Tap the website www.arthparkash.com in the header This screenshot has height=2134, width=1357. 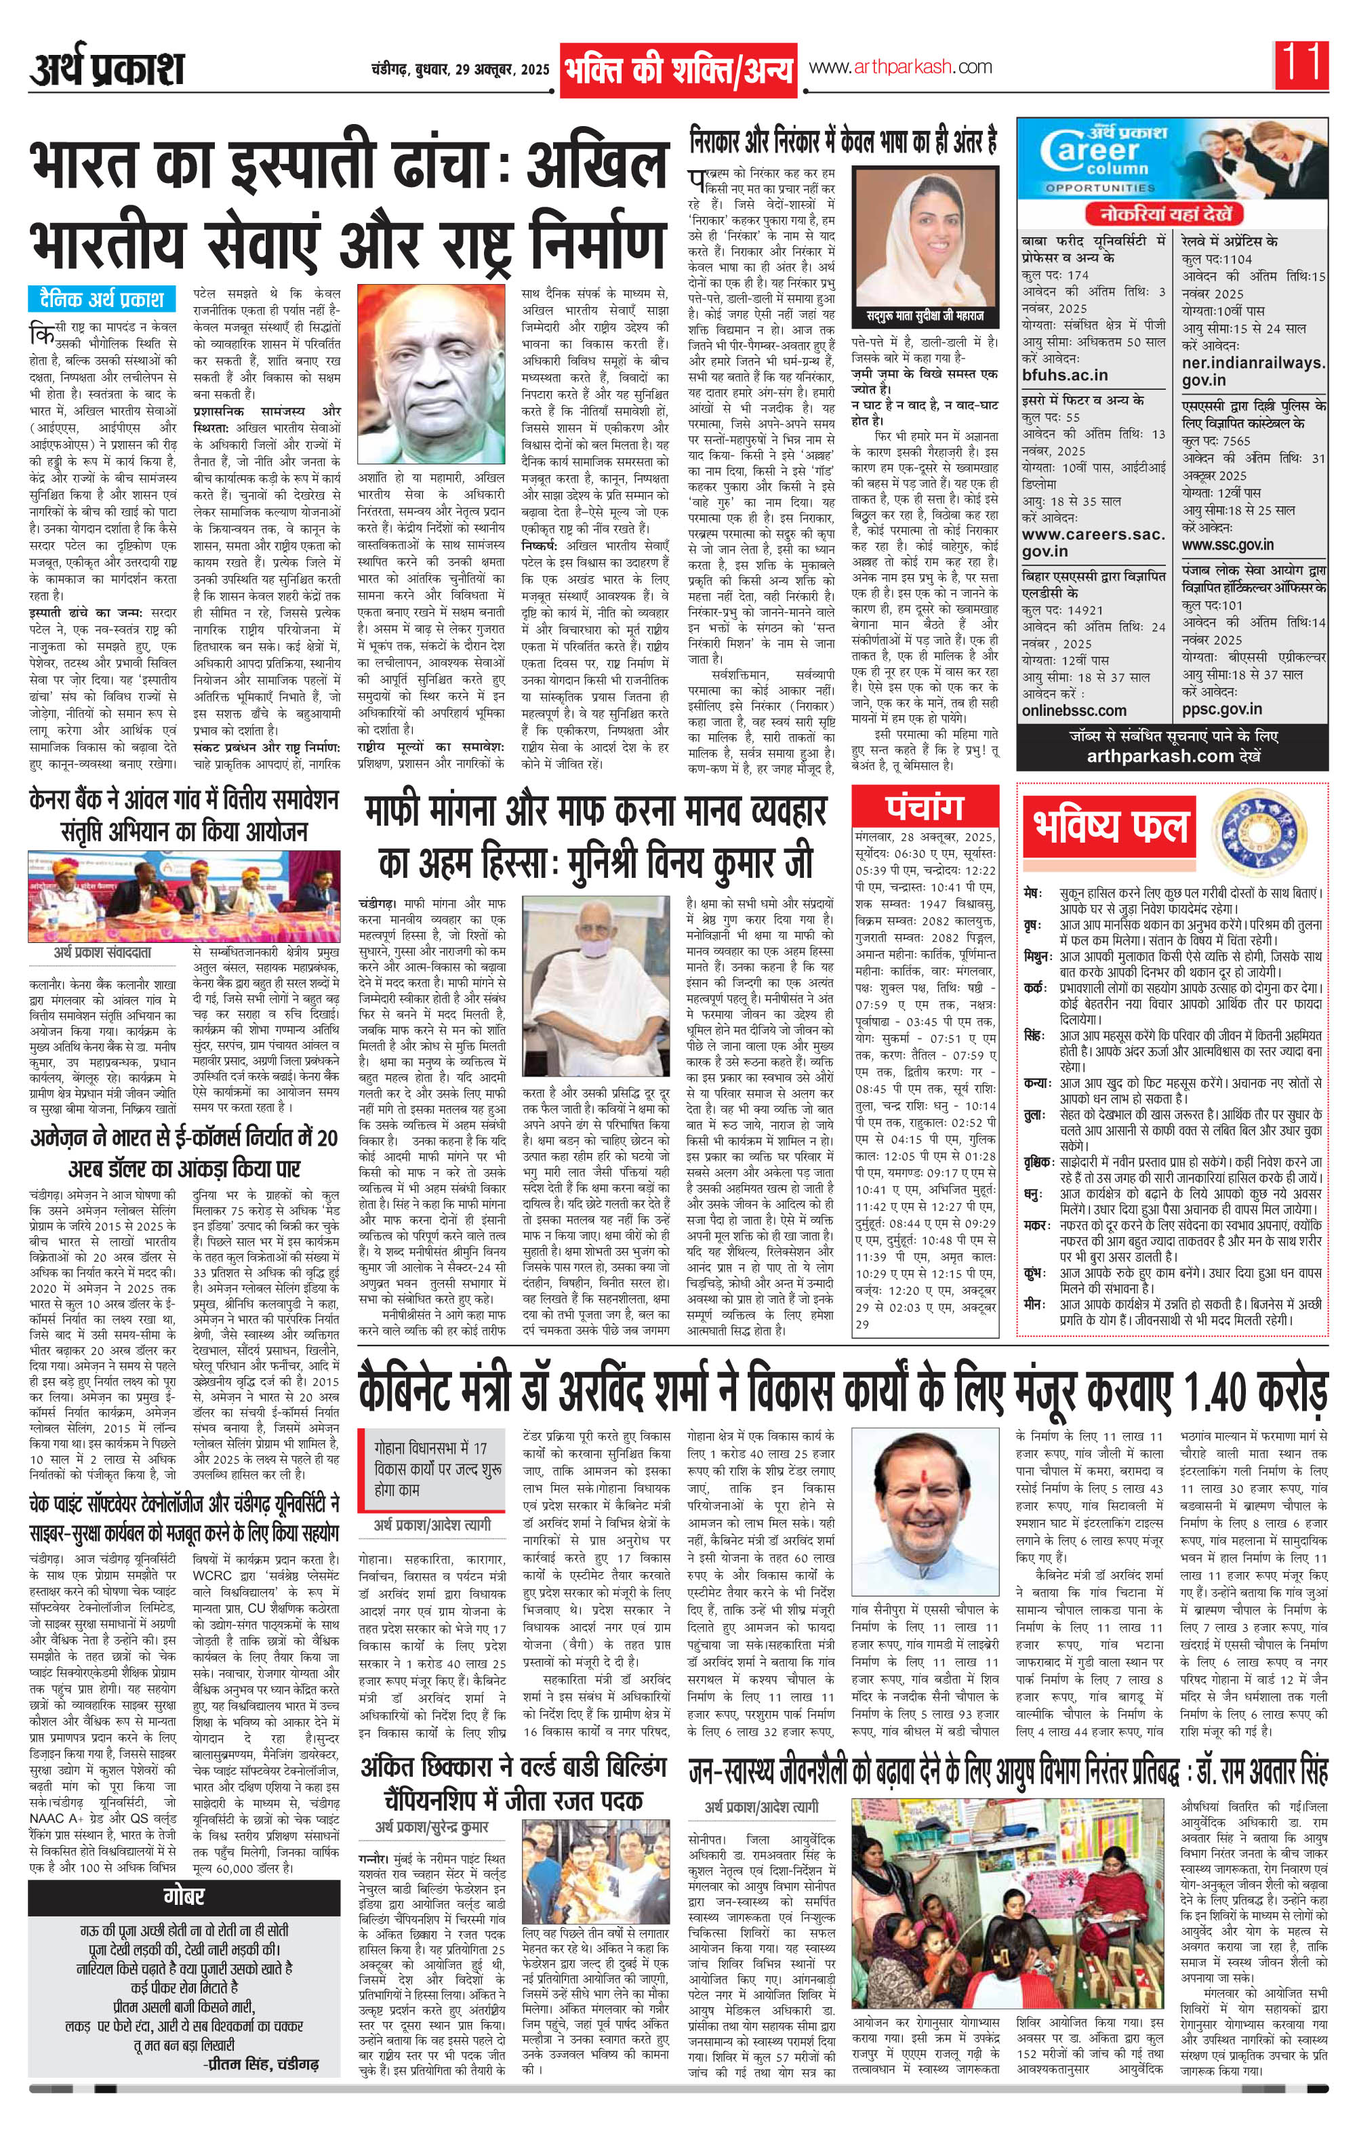coord(899,67)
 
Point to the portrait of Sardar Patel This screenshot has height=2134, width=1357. coord(429,374)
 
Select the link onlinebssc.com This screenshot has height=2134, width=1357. coord(1074,710)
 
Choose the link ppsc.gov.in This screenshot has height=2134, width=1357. coord(1221,708)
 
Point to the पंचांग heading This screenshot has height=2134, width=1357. coord(924,807)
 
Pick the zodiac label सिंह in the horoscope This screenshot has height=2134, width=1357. coord(1032,1035)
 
